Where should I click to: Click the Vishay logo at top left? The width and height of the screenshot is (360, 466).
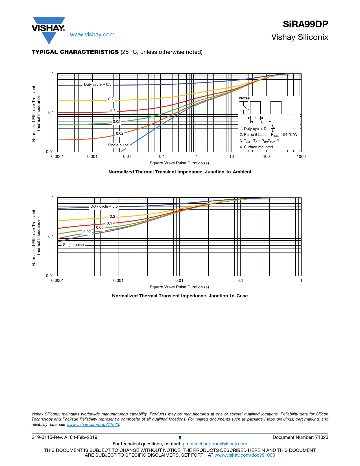pyautogui.click(x=49, y=29)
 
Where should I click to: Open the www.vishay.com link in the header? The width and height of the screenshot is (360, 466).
pyautogui.click(x=92, y=35)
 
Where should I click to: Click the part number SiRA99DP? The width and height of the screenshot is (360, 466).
pyautogui.click(x=306, y=24)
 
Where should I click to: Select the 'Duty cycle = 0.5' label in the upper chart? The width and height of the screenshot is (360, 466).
pyautogui.click(x=98, y=84)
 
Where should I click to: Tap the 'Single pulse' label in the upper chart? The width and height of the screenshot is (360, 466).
pyautogui.click(x=118, y=145)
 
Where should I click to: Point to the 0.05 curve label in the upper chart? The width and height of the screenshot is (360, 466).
pyautogui.click(x=117, y=122)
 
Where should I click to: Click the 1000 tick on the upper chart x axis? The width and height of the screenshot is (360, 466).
pyautogui.click(x=301, y=157)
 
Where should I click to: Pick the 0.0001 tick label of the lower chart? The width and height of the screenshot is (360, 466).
pyautogui.click(x=57, y=281)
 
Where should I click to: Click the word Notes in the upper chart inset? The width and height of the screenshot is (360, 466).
pyautogui.click(x=245, y=98)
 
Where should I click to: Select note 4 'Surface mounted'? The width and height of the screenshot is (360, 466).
pyautogui.click(x=256, y=147)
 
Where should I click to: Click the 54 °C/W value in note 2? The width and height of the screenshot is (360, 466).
pyautogui.click(x=290, y=135)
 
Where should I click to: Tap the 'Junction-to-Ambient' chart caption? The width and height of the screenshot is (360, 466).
pyautogui.click(x=180, y=172)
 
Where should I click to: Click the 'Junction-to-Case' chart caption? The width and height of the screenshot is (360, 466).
pyautogui.click(x=180, y=296)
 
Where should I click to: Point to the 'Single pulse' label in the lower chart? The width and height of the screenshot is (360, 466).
pyautogui.click(x=73, y=245)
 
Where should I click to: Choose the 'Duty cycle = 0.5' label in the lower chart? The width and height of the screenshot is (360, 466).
pyautogui.click(x=104, y=206)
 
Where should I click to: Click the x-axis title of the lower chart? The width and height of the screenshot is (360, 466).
pyautogui.click(x=179, y=287)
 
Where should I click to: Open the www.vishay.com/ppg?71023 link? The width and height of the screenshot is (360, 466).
pyautogui.click(x=93, y=425)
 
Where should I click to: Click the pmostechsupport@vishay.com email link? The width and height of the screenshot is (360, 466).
pyautogui.click(x=215, y=444)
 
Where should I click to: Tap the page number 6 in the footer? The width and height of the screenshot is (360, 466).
pyautogui.click(x=180, y=438)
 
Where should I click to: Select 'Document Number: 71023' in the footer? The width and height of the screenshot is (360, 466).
pyautogui.click(x=300, y=437)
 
